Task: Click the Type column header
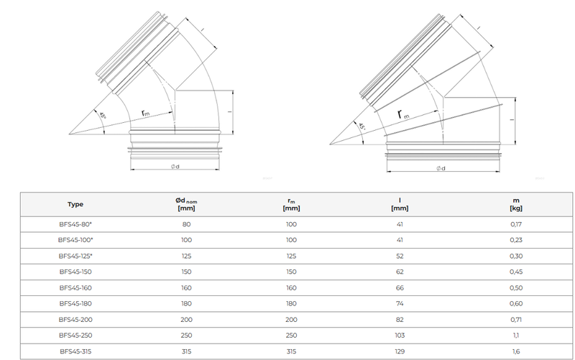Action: (75, 204)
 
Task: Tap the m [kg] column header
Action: (515, 204)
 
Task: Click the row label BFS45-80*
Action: (75, 225)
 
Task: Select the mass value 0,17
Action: (515, 225)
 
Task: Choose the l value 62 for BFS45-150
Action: (400, 272)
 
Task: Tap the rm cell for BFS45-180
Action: (291, 303)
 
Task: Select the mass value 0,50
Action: (515, 287)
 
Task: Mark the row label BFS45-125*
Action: (75, 256)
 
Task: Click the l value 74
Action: (400, 303)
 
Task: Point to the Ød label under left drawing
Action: (175, 167)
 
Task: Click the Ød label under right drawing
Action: (440, 168)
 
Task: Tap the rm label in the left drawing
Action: (145, 114)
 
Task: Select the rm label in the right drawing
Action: (403, 115)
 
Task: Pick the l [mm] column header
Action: (400, 204)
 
